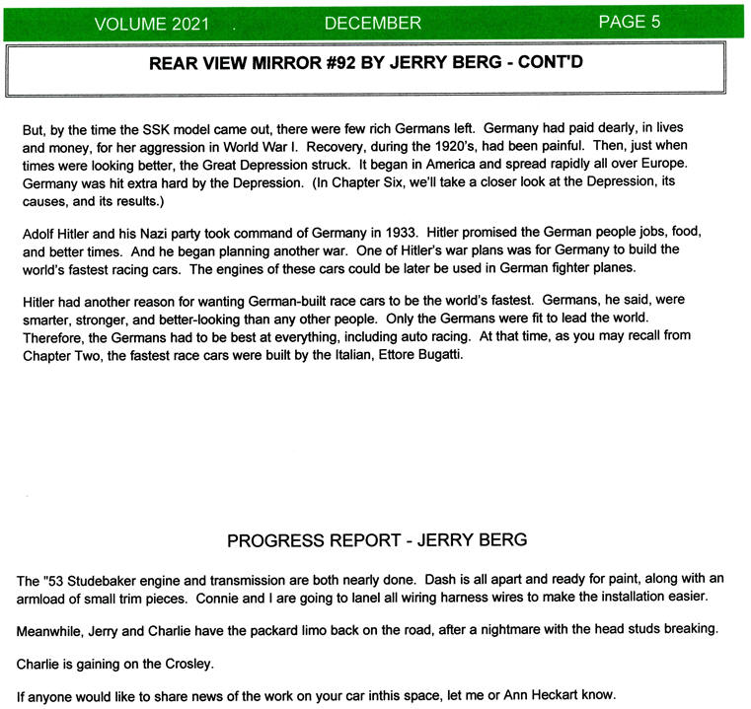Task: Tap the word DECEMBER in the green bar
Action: tap(372, 24)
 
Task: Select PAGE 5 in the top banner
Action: tap(629, 23)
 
